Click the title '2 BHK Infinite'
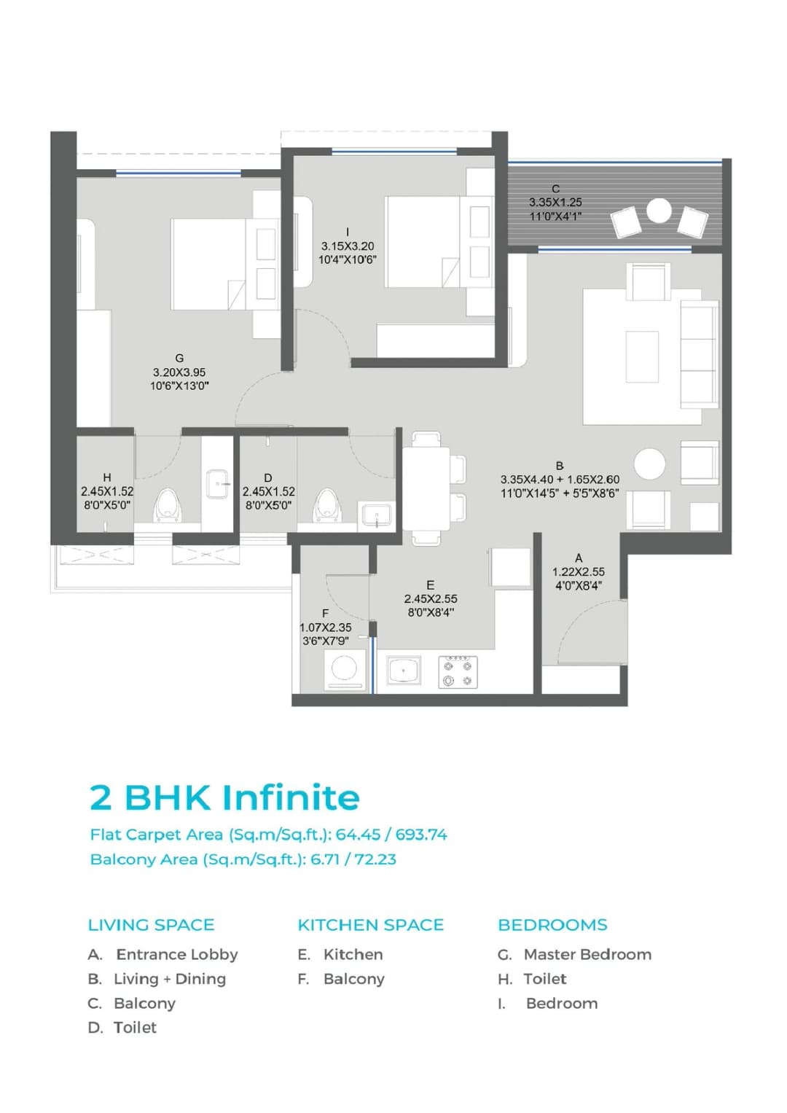224,797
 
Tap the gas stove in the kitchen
458,672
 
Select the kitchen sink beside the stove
404,670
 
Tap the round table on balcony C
659,211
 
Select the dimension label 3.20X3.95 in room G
179,372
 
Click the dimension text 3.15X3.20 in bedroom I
348,246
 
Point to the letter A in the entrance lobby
579,558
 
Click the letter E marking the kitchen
430,585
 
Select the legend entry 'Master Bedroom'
587,954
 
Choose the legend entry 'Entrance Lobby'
176,954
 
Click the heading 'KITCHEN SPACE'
370,925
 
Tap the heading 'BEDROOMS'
552,925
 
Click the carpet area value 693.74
421,835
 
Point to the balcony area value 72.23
375,859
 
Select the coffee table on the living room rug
642,356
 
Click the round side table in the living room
649,464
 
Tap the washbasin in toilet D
375,515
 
